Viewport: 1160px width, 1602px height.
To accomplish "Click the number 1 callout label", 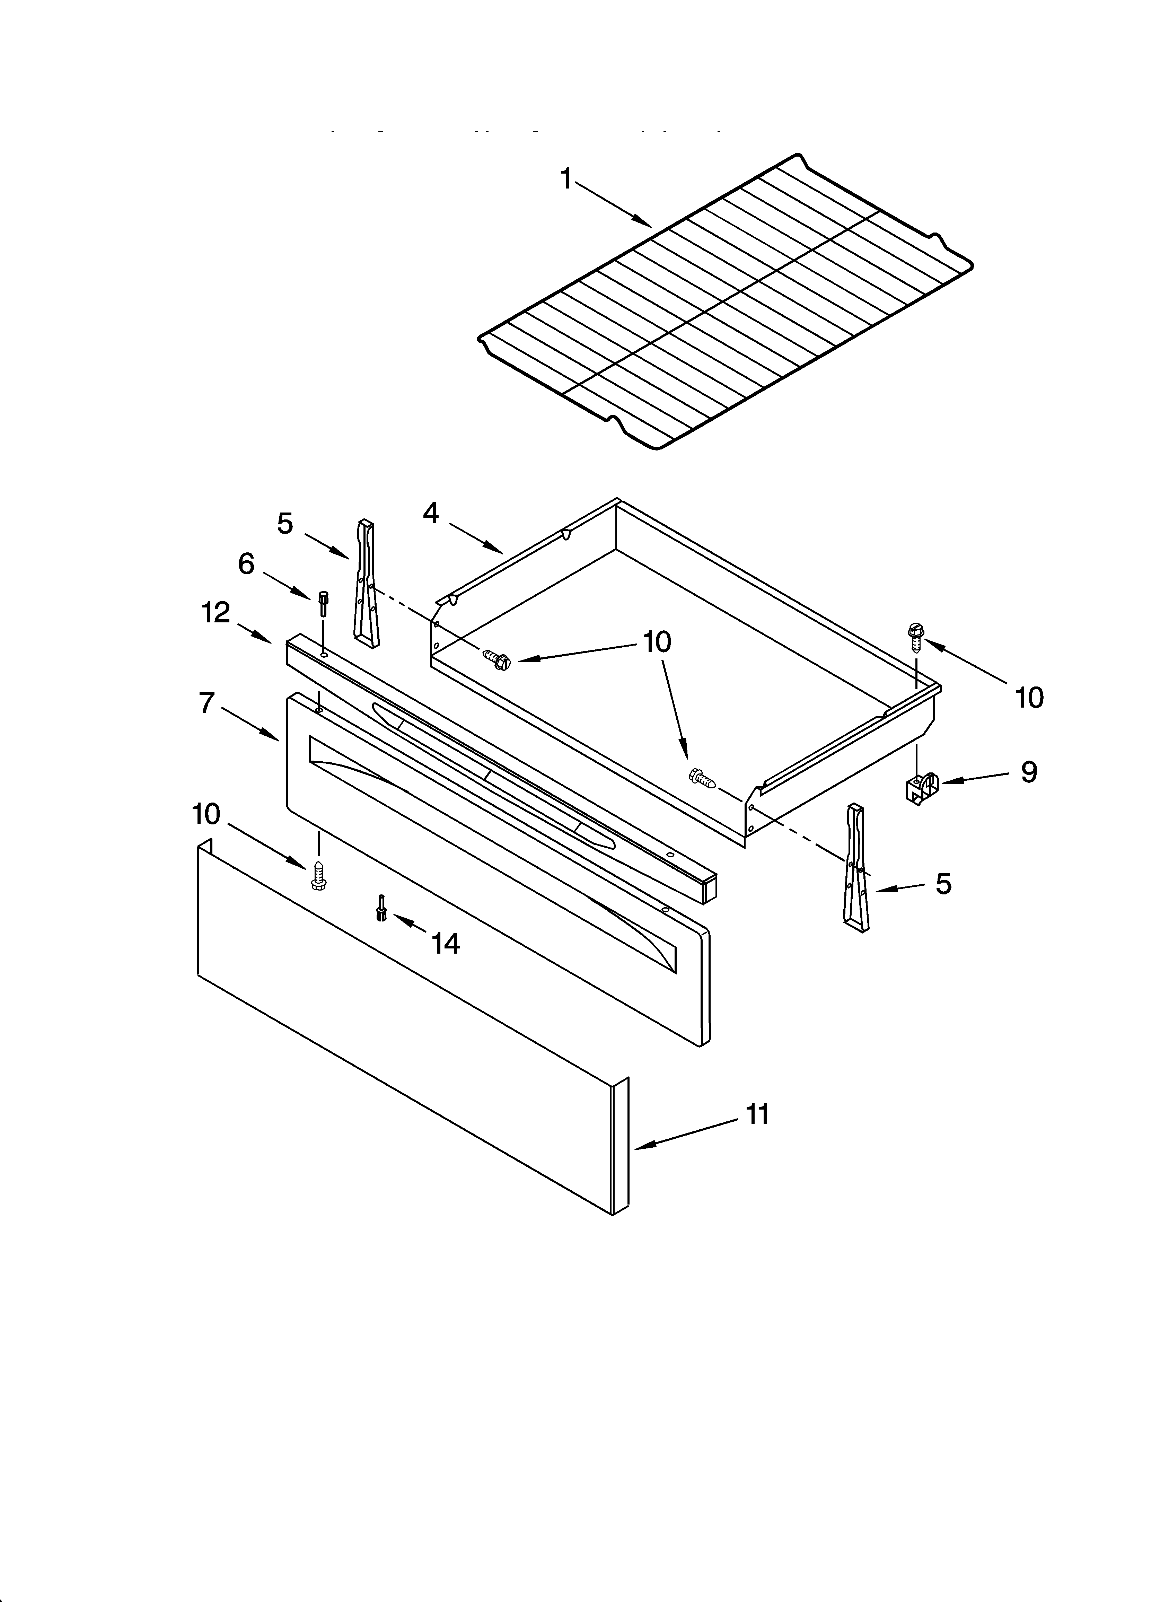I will coord(566,180).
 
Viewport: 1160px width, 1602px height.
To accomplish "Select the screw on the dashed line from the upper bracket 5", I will coord(496,660).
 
